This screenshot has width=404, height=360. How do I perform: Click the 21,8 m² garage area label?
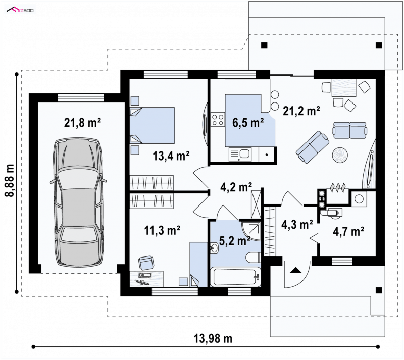click(82, 123)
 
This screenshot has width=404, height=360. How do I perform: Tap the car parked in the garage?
click(78, 203)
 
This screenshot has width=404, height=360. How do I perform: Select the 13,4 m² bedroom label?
click(171, 156)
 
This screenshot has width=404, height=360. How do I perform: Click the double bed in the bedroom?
click(152, 125)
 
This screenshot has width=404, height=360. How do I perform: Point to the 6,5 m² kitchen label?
click(248, 123)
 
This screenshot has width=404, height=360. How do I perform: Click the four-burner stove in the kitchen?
click(218, 120)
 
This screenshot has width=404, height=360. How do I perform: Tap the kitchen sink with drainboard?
click(240, 154)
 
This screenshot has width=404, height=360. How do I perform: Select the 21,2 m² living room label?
click(301, 111)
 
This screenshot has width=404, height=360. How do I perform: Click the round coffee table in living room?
click(340, 155)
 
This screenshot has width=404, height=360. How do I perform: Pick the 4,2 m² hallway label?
click(236, 187)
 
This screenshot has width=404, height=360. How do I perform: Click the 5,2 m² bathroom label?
click(234, 241)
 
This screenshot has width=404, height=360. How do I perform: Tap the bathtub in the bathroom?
click(235, 277)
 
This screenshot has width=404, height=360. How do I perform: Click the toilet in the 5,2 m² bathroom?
click(253, 258)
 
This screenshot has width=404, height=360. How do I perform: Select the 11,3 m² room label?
click(162, 230)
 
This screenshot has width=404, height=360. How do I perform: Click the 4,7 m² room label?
click(348, 231)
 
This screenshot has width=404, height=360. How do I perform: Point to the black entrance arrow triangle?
click(295, 270)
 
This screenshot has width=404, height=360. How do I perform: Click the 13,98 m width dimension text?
click(213, 338)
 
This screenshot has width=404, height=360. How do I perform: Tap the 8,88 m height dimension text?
click(10, 180)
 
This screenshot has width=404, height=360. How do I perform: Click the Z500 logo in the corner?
click(20, 10)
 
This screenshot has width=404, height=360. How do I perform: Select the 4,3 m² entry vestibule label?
click(297, 224)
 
